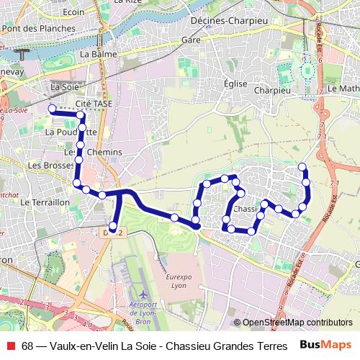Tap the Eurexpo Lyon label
[176, 281]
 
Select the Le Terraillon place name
[45, 203]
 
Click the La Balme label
[94, 54]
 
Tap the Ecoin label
[73, 12]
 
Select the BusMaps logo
[325, 346]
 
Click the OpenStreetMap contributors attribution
[292, 323]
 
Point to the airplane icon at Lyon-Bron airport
[145, 295]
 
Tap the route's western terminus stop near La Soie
[51, 109]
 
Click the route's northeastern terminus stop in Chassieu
[302, 168]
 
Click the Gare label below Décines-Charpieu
[191, 40]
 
